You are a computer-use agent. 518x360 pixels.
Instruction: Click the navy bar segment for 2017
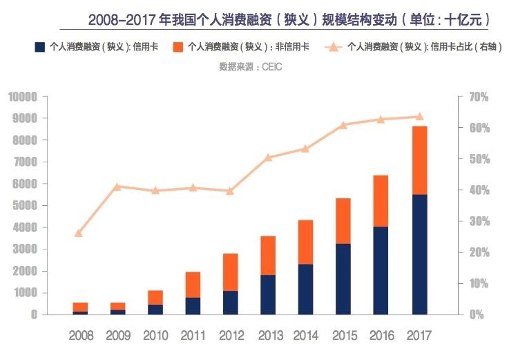click(419, 254)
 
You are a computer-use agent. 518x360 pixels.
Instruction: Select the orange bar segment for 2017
click(419, 161)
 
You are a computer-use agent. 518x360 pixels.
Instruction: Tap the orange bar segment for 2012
click(230, 272)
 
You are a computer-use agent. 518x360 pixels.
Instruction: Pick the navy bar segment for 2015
click(343, 279)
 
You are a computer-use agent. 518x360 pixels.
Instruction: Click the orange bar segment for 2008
click(80, 307)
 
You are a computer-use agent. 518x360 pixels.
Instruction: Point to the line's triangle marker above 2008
click(78, 234)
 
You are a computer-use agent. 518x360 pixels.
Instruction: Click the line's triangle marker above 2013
click(268, 158)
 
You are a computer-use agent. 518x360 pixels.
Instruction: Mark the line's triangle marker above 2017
click(419, 116)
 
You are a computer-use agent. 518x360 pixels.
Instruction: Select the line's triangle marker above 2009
click(116, 187)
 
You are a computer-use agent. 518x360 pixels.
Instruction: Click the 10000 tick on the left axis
click(23, 97)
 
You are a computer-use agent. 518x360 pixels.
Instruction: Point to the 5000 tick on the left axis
click(25, 205)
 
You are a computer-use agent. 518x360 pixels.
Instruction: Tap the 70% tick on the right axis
click(479, 97)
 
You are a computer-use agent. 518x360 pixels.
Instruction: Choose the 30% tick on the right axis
click(479, 221)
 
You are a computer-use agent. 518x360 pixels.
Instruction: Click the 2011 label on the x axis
click(193, 336)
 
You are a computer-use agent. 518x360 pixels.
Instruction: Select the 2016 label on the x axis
click(381, 336)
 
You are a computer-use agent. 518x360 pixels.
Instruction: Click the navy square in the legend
click(39, 47)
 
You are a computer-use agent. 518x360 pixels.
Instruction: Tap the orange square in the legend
click(178, 47)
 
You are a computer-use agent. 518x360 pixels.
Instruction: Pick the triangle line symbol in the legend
click(334, 47)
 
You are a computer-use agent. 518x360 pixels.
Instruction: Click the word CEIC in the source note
click(271, 67)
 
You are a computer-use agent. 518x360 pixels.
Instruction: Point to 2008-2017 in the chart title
click(122, 20)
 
